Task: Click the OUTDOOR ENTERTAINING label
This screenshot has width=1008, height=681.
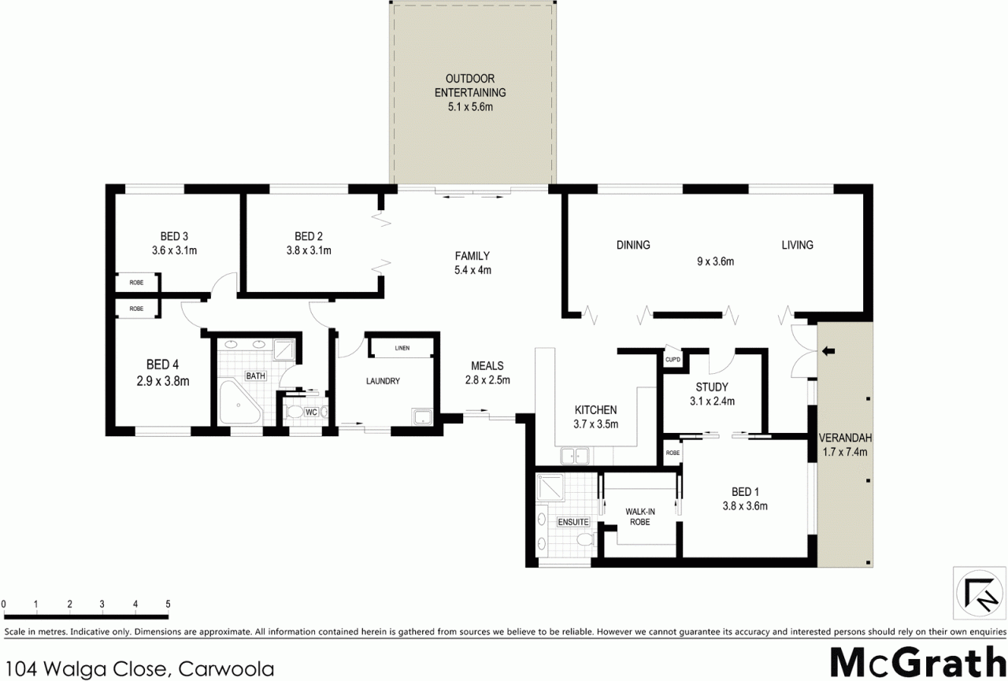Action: (470, 86)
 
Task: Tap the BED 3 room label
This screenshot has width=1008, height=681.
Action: (174, 237)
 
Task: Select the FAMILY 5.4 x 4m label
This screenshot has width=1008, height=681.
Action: (472, 263)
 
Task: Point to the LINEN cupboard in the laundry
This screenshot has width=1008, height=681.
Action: (402, 348)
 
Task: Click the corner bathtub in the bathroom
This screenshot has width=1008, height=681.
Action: (239, 402)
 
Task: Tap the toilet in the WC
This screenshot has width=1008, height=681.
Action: (295, 411)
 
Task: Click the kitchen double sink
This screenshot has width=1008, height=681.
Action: (575, 456)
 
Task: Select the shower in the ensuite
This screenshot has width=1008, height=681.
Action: (550, 487)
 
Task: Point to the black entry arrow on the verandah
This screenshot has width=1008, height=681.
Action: (828, 351)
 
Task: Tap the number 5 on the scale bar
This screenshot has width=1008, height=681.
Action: (168, 604)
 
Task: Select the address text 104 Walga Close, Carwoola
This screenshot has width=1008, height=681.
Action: (139, 669)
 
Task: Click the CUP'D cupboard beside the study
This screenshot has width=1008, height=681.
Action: (673, 359)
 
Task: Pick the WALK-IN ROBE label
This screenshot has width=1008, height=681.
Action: (640, 516)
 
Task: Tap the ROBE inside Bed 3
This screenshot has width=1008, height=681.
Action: (136, 283)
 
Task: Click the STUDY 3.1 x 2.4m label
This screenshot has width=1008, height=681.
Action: (712, 394)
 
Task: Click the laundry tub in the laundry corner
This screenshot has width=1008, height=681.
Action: (422, 417)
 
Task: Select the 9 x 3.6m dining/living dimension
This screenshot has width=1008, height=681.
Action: (716, 261)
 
